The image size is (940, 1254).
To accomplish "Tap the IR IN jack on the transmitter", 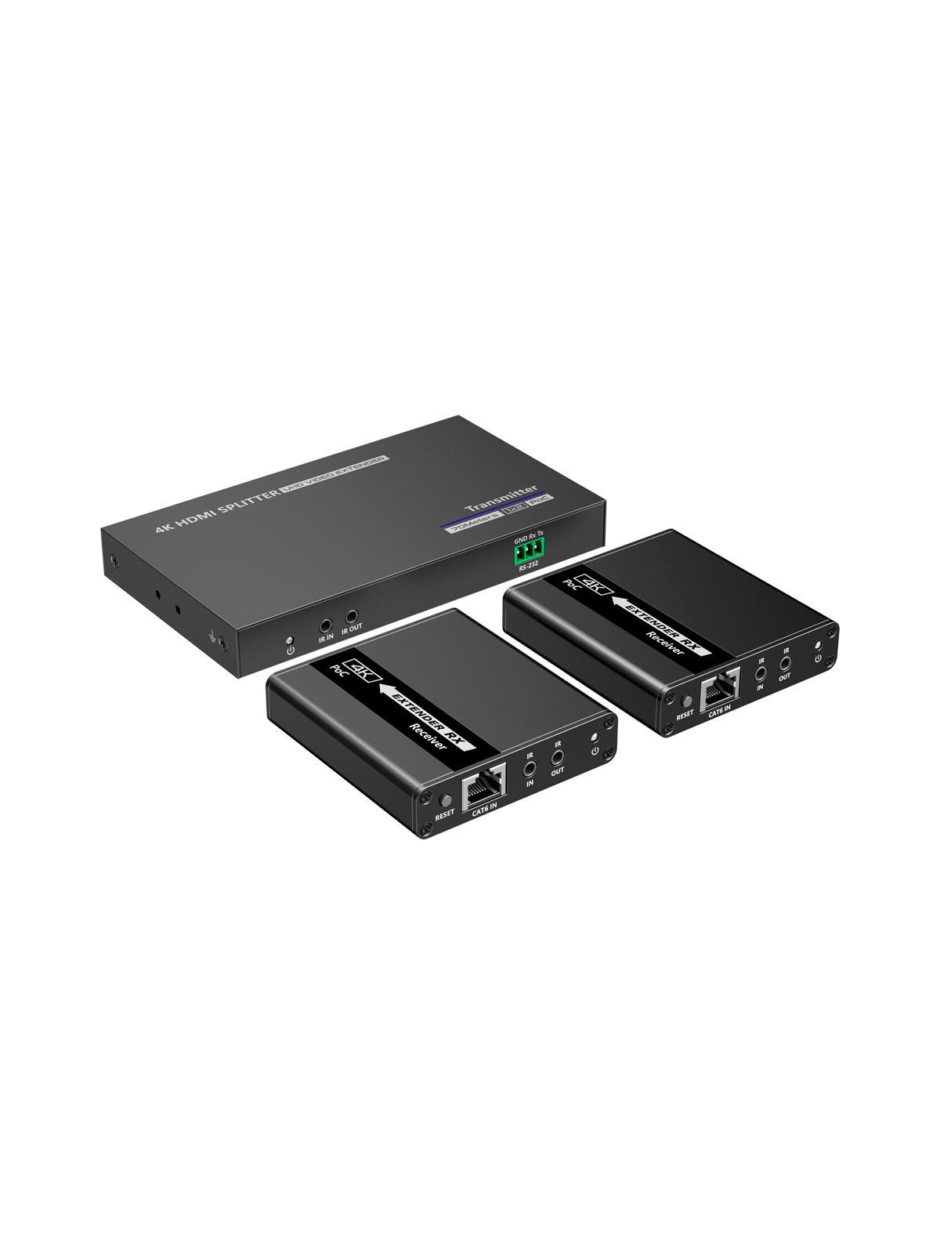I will [324, 604].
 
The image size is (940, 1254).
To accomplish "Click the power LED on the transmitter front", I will [290, 618].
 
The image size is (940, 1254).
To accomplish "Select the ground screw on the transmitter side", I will [222, 641].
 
